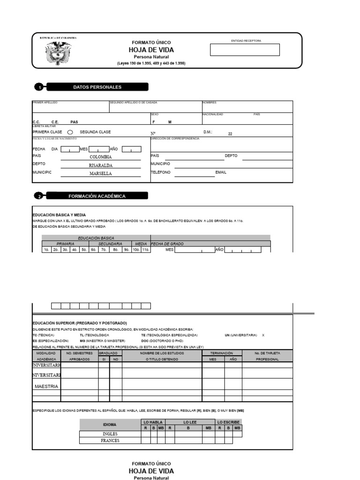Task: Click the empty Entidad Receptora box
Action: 245,50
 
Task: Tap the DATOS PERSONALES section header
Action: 97,87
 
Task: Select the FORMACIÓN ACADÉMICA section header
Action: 97,196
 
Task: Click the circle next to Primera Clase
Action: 69,132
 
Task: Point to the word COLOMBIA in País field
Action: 101,157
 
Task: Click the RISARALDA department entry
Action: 101,165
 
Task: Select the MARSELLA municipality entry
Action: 101,173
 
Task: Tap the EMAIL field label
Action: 221,172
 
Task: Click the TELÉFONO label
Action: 161,172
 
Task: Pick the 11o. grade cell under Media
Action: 146,250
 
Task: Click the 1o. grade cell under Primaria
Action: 46,250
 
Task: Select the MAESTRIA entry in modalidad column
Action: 46,386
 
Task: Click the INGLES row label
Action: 110,434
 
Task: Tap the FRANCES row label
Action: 110,441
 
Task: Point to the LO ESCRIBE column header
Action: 229,422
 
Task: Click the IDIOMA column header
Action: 110,425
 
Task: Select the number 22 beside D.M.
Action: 230,134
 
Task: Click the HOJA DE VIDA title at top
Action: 151,50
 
